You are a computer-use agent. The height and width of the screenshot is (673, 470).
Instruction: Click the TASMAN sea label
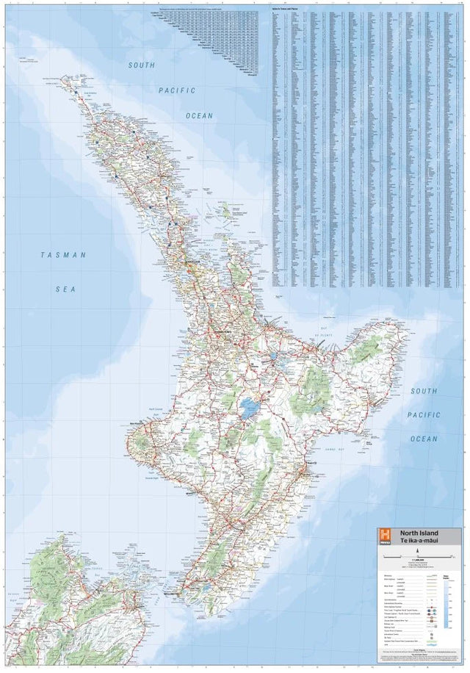pos(63,255)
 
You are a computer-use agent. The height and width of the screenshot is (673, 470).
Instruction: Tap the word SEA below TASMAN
pos(65,289)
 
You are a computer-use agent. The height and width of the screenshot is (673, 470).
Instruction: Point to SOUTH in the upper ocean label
pos(142,65)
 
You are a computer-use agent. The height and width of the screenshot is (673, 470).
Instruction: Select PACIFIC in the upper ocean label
pos(177,90)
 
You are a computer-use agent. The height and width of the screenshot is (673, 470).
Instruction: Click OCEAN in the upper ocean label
pos(199,115)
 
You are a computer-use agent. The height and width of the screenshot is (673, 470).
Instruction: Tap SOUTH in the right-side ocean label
pos(424,391)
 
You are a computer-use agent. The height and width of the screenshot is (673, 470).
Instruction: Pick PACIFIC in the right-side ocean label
pos(424,415)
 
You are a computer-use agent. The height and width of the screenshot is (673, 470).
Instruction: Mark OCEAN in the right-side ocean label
pos(424,439)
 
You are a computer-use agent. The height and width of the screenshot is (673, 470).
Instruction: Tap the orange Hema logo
pos(383,536)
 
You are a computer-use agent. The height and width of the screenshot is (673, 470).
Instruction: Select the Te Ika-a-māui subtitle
pos(418,541)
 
